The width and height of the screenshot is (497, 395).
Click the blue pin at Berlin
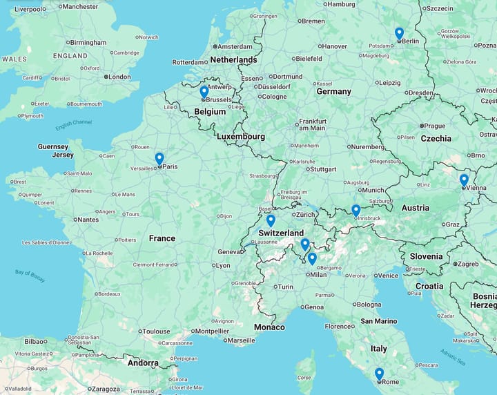pyautogui.click(x=399, y=33)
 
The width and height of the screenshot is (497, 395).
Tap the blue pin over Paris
pyautogui.click(x=159, y=158)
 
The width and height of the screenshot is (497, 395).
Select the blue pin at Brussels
pyautogui.click(x=204, y=91)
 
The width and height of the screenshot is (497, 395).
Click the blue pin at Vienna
pyautogui.click(x=464, y=180)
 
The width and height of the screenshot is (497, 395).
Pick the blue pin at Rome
pyautogui.click(x=379, y=374)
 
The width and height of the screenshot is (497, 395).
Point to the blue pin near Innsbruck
pyautogui.click(x=355, y=210)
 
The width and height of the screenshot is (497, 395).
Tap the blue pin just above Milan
pyautogui.click(x=312, y=258)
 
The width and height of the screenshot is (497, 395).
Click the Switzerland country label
pyautogui.click(x=281, y=233)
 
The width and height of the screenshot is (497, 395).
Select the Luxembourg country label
pyautogui.click(x=240, y=137)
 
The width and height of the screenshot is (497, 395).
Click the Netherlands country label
pyautogui.click(x=233, y=60)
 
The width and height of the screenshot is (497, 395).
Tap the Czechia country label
pyautogui.click(x=436, y=138)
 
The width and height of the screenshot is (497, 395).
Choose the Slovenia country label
pyautogui.click(x=426, y=256)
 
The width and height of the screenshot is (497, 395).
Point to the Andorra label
pyautogui.click(x=143, y=363)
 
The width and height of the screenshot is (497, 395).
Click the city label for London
pyautogui.click(x=119, y=77)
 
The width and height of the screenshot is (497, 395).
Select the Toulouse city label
pyautogui.click(x=157, y=331)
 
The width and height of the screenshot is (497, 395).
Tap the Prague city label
pyautogui.click(x=435, y=126)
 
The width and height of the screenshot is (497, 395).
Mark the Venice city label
pyautogui.click(x=387, y=276)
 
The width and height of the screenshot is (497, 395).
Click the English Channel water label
pyautogui.click(x=73, y=125)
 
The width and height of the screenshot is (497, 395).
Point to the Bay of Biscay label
pyautogui.click(x=30, y=276)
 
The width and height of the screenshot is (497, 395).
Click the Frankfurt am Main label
pyautogui.click(x=312, y=124)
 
